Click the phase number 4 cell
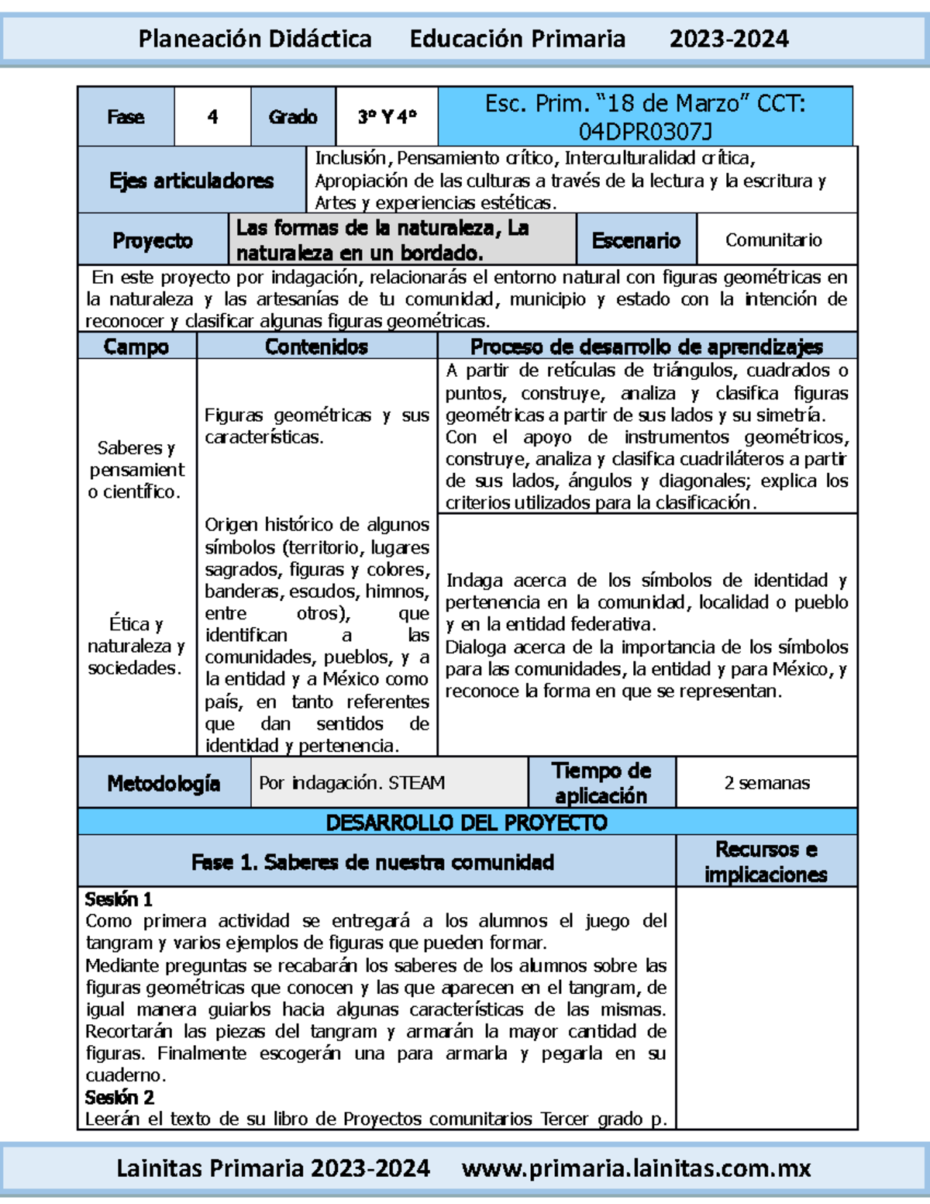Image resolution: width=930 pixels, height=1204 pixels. pos(212,117)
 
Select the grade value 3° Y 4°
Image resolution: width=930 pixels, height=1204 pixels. pos(387,117)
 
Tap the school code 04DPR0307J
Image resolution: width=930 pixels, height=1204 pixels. pos(645,131)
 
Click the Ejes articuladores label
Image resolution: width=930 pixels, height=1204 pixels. pos(191,181)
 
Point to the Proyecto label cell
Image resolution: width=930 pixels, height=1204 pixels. pos(153,240)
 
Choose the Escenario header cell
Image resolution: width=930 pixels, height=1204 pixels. pos(636,240)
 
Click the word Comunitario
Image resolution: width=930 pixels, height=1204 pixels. pos(773,240)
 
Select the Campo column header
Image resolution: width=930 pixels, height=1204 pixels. pos(136,347)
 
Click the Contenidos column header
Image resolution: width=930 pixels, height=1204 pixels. pos(316,347)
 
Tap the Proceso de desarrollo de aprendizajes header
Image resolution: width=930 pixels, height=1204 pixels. pos(646,347)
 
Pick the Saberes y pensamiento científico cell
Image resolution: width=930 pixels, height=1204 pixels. pos(136,470)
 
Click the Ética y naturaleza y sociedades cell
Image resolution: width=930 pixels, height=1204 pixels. pos(136,646)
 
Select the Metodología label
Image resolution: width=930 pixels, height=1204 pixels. pos(164,784)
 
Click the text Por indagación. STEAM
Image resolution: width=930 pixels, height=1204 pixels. pos(352,783)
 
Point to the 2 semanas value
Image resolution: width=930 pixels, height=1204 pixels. pos(766,783)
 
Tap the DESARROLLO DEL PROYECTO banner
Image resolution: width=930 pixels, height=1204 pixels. pos(467,823)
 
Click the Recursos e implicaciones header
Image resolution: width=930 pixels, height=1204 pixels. pos(766,861)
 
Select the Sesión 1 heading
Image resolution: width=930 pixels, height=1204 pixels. pos(119,899)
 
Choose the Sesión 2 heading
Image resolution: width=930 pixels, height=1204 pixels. pos(119,1097)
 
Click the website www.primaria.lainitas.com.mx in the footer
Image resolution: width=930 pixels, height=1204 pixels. pos(636,1168)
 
